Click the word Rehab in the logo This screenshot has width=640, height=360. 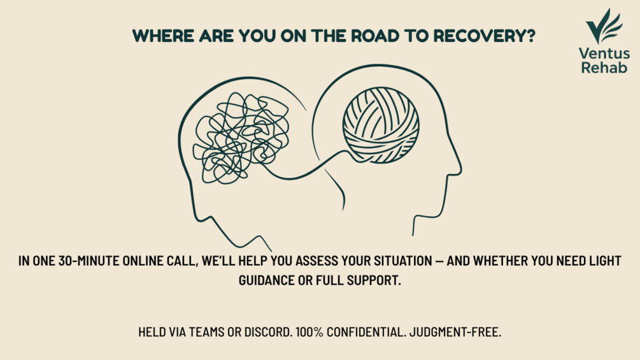[604, 68]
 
